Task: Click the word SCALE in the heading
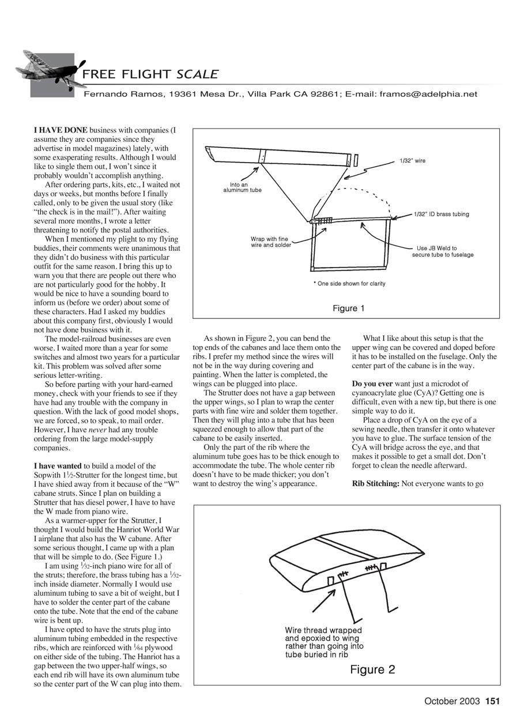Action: (197, 74)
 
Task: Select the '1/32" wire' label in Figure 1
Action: (412, 161)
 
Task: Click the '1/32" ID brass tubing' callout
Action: (441, 215)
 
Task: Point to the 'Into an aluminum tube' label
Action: (242, 187)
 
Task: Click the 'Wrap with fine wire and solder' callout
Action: (271, 242)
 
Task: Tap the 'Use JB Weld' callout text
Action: (442, 251)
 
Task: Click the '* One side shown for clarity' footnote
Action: (349, 284)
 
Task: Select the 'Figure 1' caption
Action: (349, 309)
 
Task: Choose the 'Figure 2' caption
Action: (372, 670)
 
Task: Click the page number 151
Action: (492, 701)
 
